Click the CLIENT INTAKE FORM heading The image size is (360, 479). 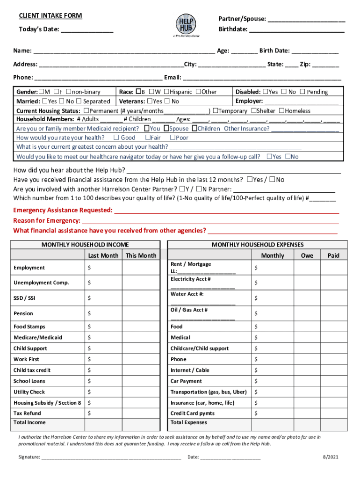[50, 16]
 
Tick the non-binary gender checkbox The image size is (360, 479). [69, 92]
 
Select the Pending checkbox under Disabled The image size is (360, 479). [302, 92]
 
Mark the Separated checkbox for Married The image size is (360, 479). [79, 101]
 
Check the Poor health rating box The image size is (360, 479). [173, 138]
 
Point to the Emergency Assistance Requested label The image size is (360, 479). [63, 210]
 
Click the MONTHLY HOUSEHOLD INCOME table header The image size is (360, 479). [85, 245]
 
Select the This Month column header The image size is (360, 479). [141, 255]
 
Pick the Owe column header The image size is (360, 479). [307, 255]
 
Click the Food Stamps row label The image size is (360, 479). [29, 327]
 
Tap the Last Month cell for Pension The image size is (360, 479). [103, 313]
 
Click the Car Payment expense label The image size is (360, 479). [187, 381]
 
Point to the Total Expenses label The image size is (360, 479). [189, 422]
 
